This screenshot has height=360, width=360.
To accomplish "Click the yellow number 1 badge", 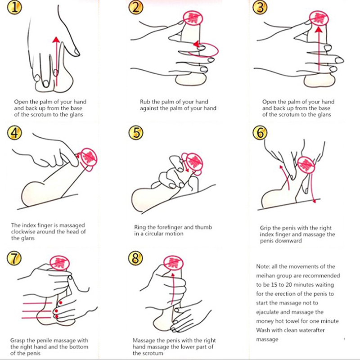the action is pos(15,7).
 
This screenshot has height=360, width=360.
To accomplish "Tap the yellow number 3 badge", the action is pos(260,7).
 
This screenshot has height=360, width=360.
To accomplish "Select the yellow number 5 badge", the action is pos(136,133).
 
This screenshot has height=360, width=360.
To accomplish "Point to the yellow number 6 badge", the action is pos(260,133).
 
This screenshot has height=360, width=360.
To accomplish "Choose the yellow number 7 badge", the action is pos(14,258).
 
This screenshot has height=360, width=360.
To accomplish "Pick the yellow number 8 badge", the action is pos(135,258).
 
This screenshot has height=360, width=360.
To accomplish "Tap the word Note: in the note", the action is pos(263,266).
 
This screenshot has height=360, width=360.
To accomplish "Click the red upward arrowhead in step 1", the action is pos(56,40).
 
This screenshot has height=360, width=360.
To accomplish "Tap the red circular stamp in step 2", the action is pos(193,18).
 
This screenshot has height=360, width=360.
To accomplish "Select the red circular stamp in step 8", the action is pos(173,264).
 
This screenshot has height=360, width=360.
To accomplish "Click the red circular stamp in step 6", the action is pos(306,165).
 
